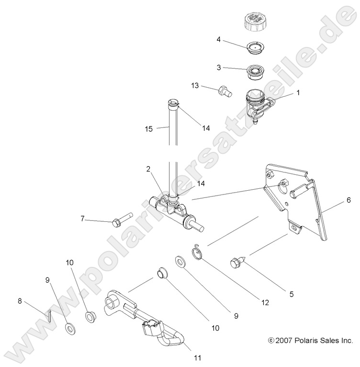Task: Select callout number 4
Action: [218, 41]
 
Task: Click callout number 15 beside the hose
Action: [148, 128]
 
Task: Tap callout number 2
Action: [149, 169]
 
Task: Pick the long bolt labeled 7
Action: [123, 222]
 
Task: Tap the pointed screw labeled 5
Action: [238, 262]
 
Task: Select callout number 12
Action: [264, 303]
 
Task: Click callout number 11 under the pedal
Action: [197, 357]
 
